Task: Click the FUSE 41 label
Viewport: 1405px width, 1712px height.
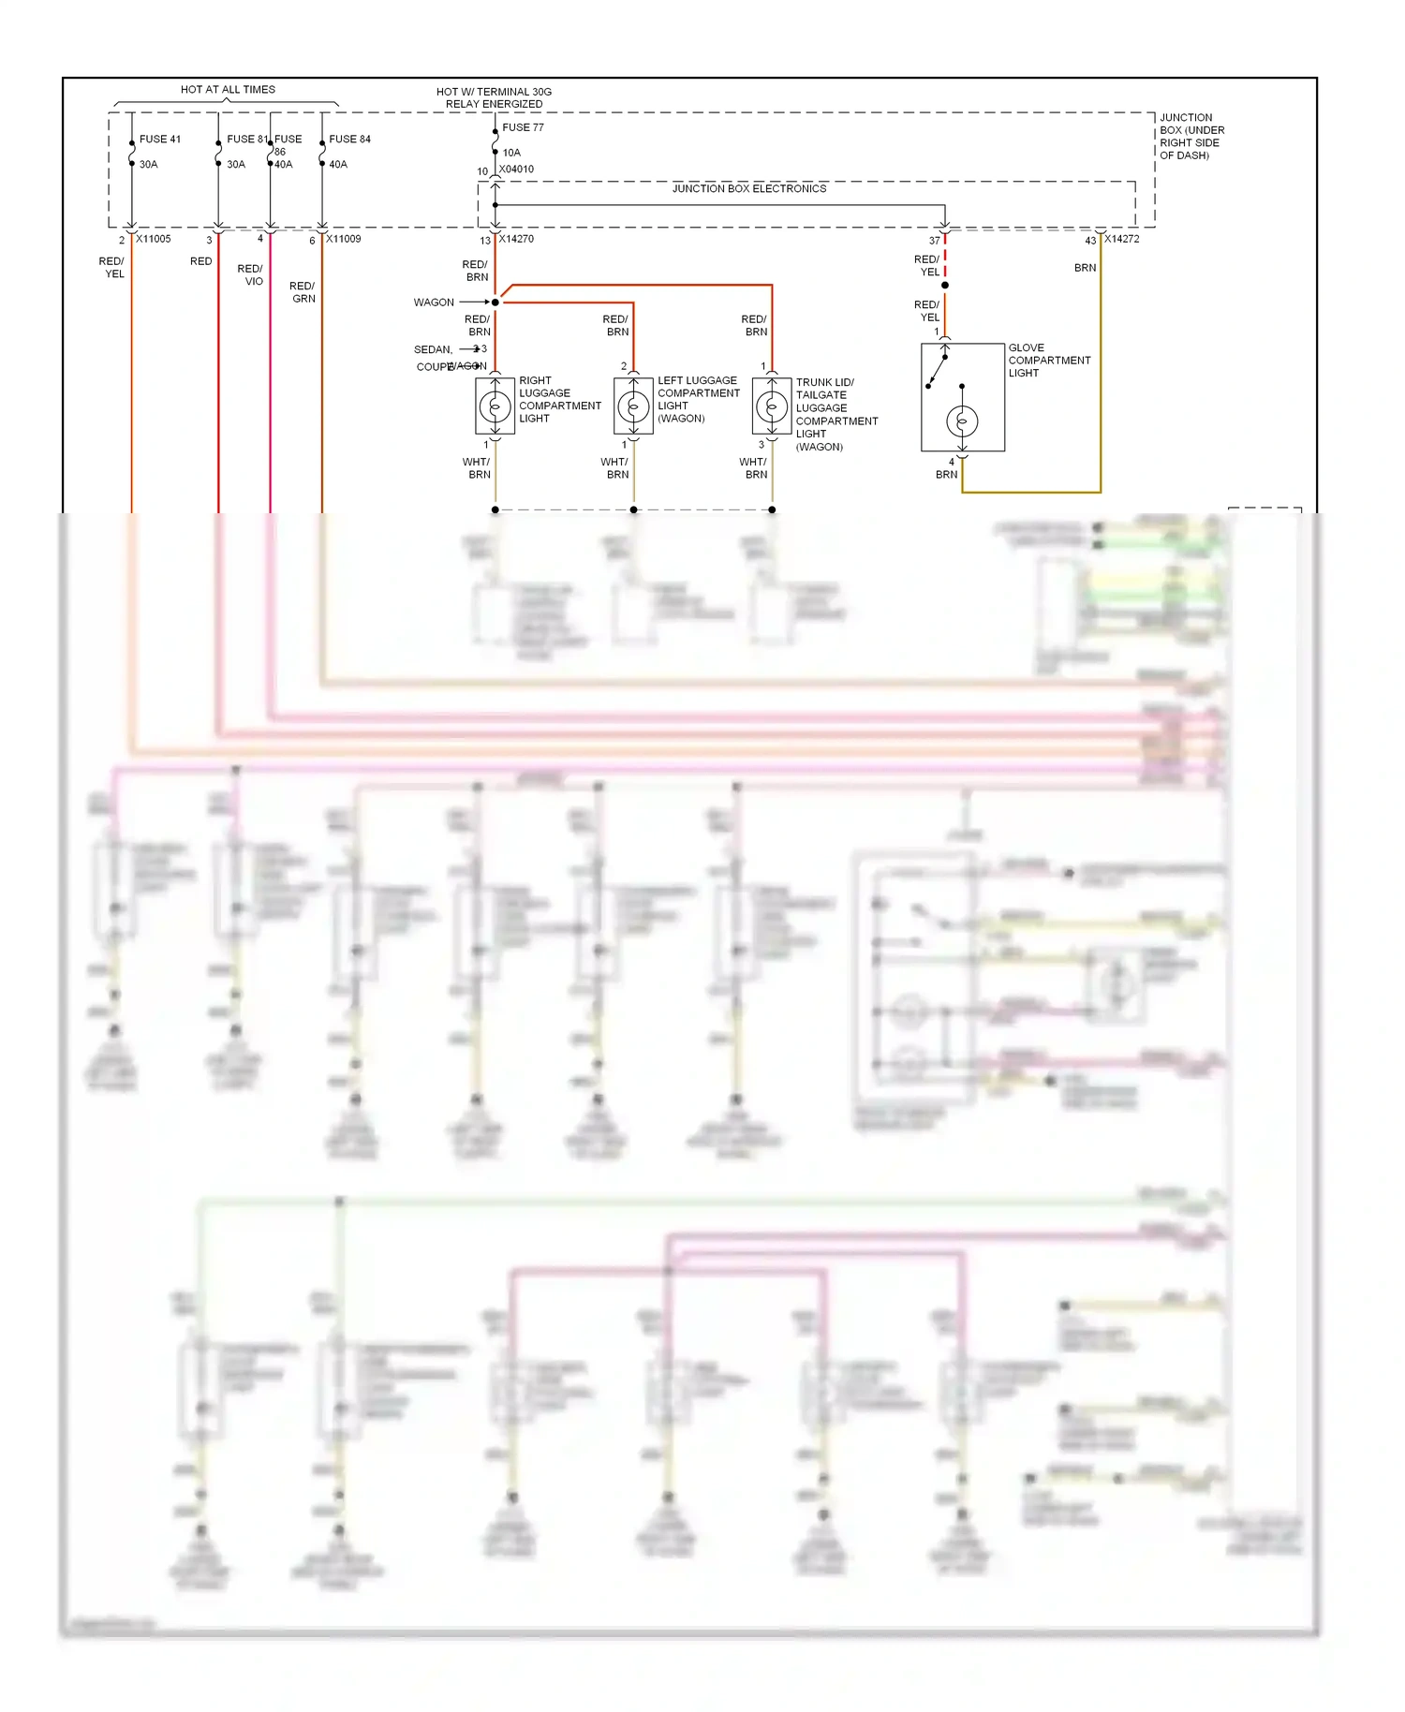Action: pyautogui.click(x=159, y=139)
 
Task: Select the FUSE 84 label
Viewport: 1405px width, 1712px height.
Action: pyautogui.click(x=349, y=139)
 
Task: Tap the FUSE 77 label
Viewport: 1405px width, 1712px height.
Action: pyautogui.click(x=523, y=127)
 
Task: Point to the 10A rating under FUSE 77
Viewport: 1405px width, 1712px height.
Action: pyautogui.click(x=511, y=153)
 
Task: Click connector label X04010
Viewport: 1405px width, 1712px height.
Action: pyautogui.click(x=516, y=170)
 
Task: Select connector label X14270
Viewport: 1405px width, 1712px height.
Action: pyautogui.click(x=516, y=239)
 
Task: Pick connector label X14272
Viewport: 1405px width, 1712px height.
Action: pyautogui.click(x=1121, y=239)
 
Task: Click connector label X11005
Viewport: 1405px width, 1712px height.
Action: pyautogui.click(x=154, y=239)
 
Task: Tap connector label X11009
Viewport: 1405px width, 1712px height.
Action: pyautogui.click(x=343, y=239)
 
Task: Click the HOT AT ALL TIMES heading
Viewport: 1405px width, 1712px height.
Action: pyautogui.click(x=228, y=90)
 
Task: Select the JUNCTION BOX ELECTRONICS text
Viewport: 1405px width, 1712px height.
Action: pyautogui.click(x=749, y=188)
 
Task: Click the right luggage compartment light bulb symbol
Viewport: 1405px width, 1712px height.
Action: pyautogui.click(x=495, y=406)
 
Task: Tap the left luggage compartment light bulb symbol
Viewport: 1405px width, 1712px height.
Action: pyautogui.click(x=633, y=406)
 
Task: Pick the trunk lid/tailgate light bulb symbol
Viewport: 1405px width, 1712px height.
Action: pyautogui.click(x=772, y=406)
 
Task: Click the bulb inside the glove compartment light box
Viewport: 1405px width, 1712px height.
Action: pyautogui.click(x=962, y=421)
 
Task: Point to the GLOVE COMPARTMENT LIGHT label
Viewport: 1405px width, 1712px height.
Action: pyautogui.click(x=1048, y=360)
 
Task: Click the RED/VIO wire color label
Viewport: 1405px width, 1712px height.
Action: pyautogui.click(x=251, y=274)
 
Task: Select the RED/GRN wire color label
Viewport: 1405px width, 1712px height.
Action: pyautogui.click(x=303, y=292)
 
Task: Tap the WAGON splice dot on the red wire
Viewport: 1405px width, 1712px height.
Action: pyautogui.click(x=495, y=303)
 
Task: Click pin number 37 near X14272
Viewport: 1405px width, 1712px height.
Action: pyautogui.click(x=934, y=241)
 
